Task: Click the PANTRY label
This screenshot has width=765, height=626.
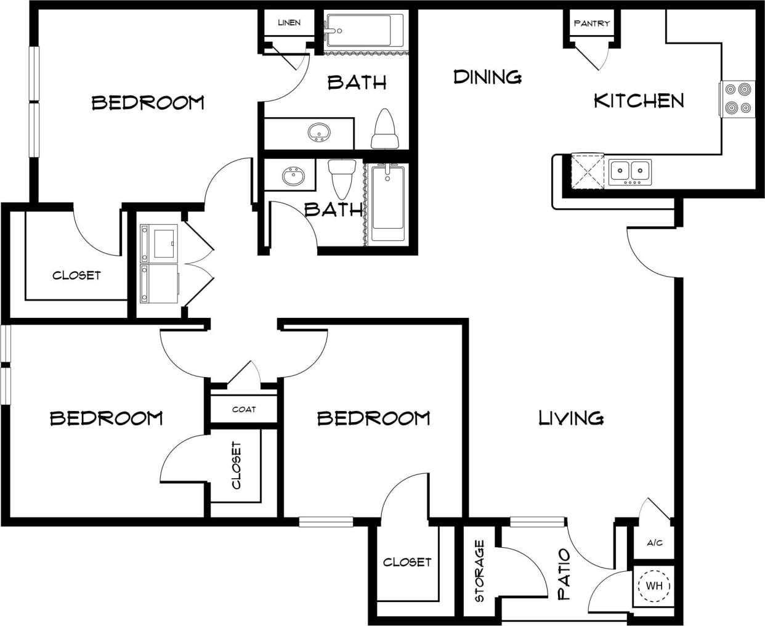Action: pyautogui.click(x=591, y=23)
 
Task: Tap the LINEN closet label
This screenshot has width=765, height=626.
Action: pyautogui.click(x=289, y=23)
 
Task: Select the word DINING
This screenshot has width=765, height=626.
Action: pyautogui.click(x=487, y=77)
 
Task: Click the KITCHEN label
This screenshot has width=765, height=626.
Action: pyautogui.click(x=639, y=100)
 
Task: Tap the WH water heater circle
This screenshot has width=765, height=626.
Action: pyautogui.click(x=654, y=585)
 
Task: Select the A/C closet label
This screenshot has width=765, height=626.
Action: pyautogui.click(x=654, y=543)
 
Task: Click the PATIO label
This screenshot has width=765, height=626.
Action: pyautogui.click(x=564, y=575)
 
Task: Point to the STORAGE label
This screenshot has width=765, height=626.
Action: pyautogui.click(x=480, y=571)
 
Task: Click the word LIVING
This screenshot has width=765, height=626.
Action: pyautogui.click(x=571, y=418)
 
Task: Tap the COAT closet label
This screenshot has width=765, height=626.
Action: pyautogui.click(x=244, y=409)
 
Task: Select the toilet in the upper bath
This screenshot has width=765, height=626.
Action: pyautogui.click(x=385, y=129)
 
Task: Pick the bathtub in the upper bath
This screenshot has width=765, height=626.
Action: pyautogui.click(x=364, y=31)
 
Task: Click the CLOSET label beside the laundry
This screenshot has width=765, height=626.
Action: pyautogui.click(x=76, y=275)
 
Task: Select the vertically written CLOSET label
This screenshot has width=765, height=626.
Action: pyautogui.click(x=237, y=465)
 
